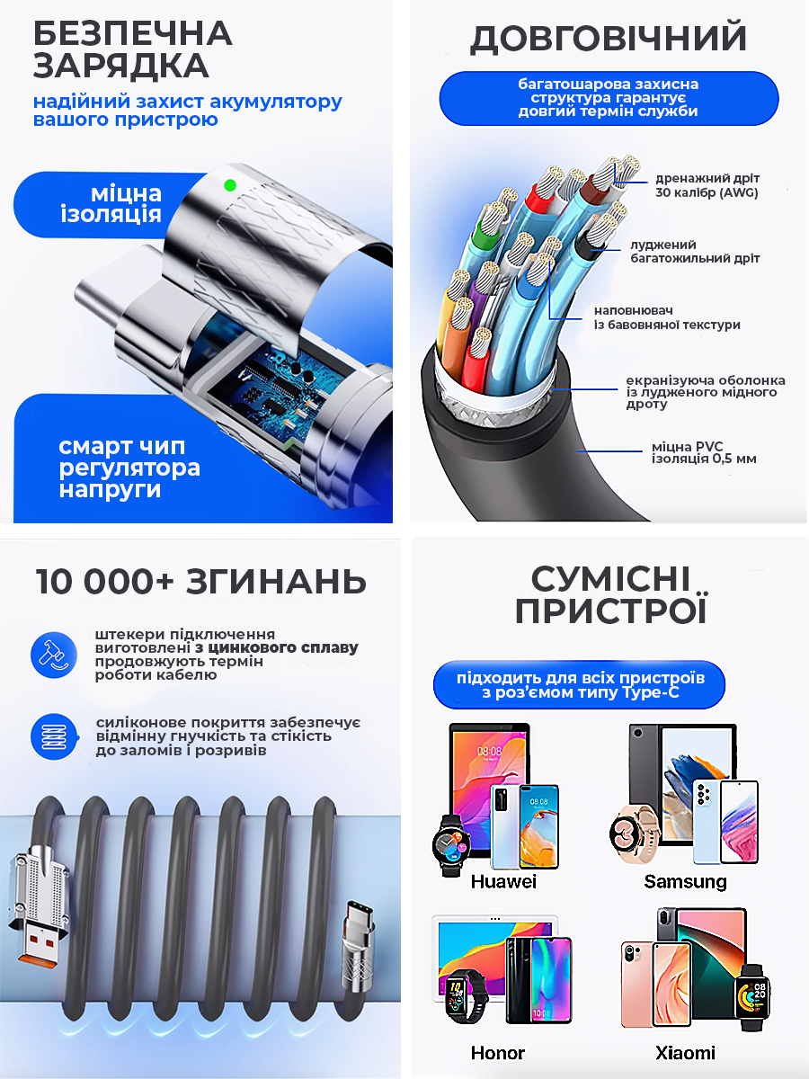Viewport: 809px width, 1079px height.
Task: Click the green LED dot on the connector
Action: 230,185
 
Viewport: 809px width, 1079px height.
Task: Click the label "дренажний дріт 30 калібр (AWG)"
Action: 707,185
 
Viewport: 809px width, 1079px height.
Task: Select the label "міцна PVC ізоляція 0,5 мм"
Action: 704,452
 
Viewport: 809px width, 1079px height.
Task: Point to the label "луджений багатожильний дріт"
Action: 695,251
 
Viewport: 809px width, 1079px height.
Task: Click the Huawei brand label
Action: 503,881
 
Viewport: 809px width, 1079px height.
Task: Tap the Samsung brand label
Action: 685,881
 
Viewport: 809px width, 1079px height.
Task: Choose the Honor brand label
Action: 498,1052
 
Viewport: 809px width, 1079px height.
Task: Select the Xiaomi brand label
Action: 685,1052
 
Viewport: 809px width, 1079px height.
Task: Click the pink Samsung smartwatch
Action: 633,834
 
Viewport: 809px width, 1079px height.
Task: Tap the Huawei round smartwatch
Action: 451,845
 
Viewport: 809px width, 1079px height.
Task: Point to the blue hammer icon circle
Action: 54,655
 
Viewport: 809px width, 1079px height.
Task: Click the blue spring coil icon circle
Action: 54,736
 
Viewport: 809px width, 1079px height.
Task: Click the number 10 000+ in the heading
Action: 104,582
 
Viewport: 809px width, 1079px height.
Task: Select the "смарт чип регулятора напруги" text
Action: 129,468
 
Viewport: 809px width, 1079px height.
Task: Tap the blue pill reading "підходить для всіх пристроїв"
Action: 580,685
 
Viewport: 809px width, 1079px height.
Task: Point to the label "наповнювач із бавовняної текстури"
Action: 667,317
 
